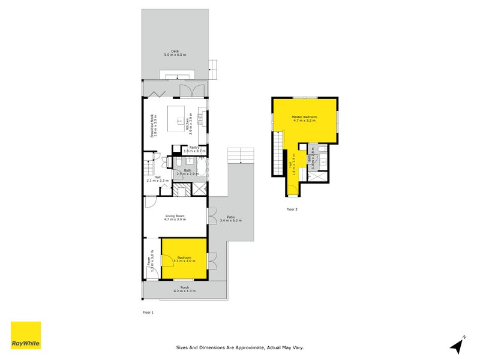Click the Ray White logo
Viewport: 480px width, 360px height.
(x=26, y=335)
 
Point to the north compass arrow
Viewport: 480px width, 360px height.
(x=457, y=344)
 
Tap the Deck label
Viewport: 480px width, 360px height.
(x=175, y=51)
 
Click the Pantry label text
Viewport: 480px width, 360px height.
(x=194, y=147)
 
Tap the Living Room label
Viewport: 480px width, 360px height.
(x=175, y=216)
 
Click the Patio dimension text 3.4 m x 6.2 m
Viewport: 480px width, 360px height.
(x=230, y=221)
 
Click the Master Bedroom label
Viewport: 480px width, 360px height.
(x=305, y=116)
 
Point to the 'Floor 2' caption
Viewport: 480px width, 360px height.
(x=292, y=209)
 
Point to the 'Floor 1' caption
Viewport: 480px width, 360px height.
(x=148, y=313)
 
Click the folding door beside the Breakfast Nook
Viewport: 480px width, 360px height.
(x=157, y=94)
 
